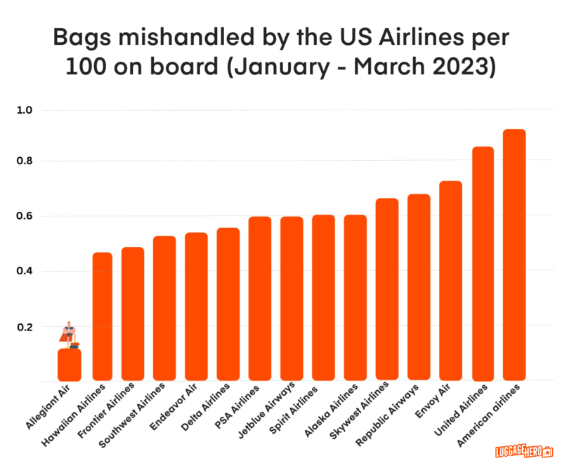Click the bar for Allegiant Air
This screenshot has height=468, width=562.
point(69,365)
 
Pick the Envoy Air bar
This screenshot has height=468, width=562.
point(450,281)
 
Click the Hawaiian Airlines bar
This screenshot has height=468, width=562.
point(103,316)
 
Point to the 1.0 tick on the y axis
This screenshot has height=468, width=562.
point(34,110)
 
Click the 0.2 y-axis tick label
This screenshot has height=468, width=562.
point(34,327)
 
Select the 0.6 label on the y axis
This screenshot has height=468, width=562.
point(34,216)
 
